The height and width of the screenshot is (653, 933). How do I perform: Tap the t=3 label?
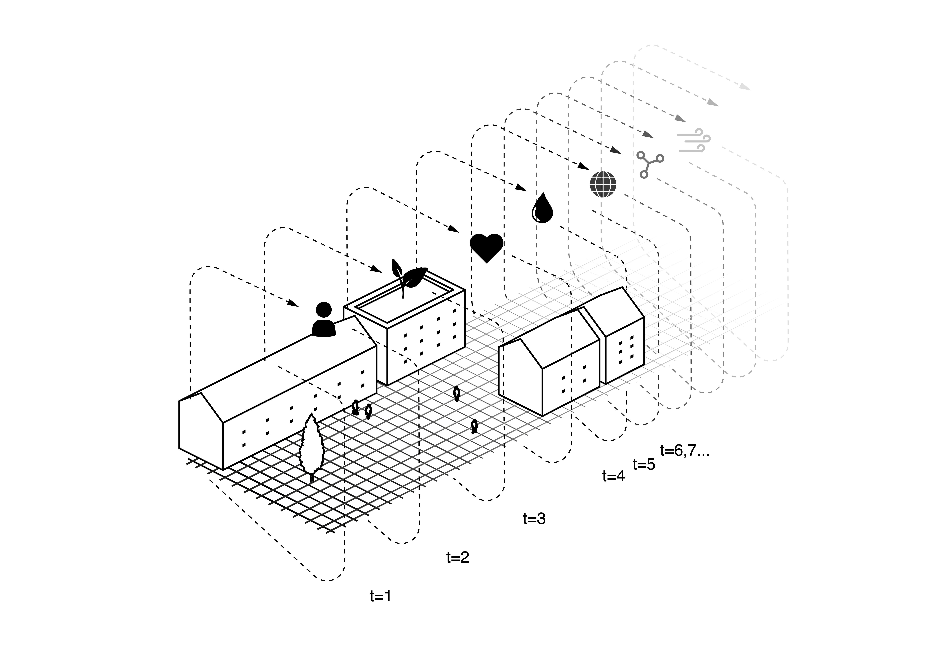(x=534, y=519)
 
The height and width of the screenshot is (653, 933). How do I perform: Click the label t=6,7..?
(x=685, y=451)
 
